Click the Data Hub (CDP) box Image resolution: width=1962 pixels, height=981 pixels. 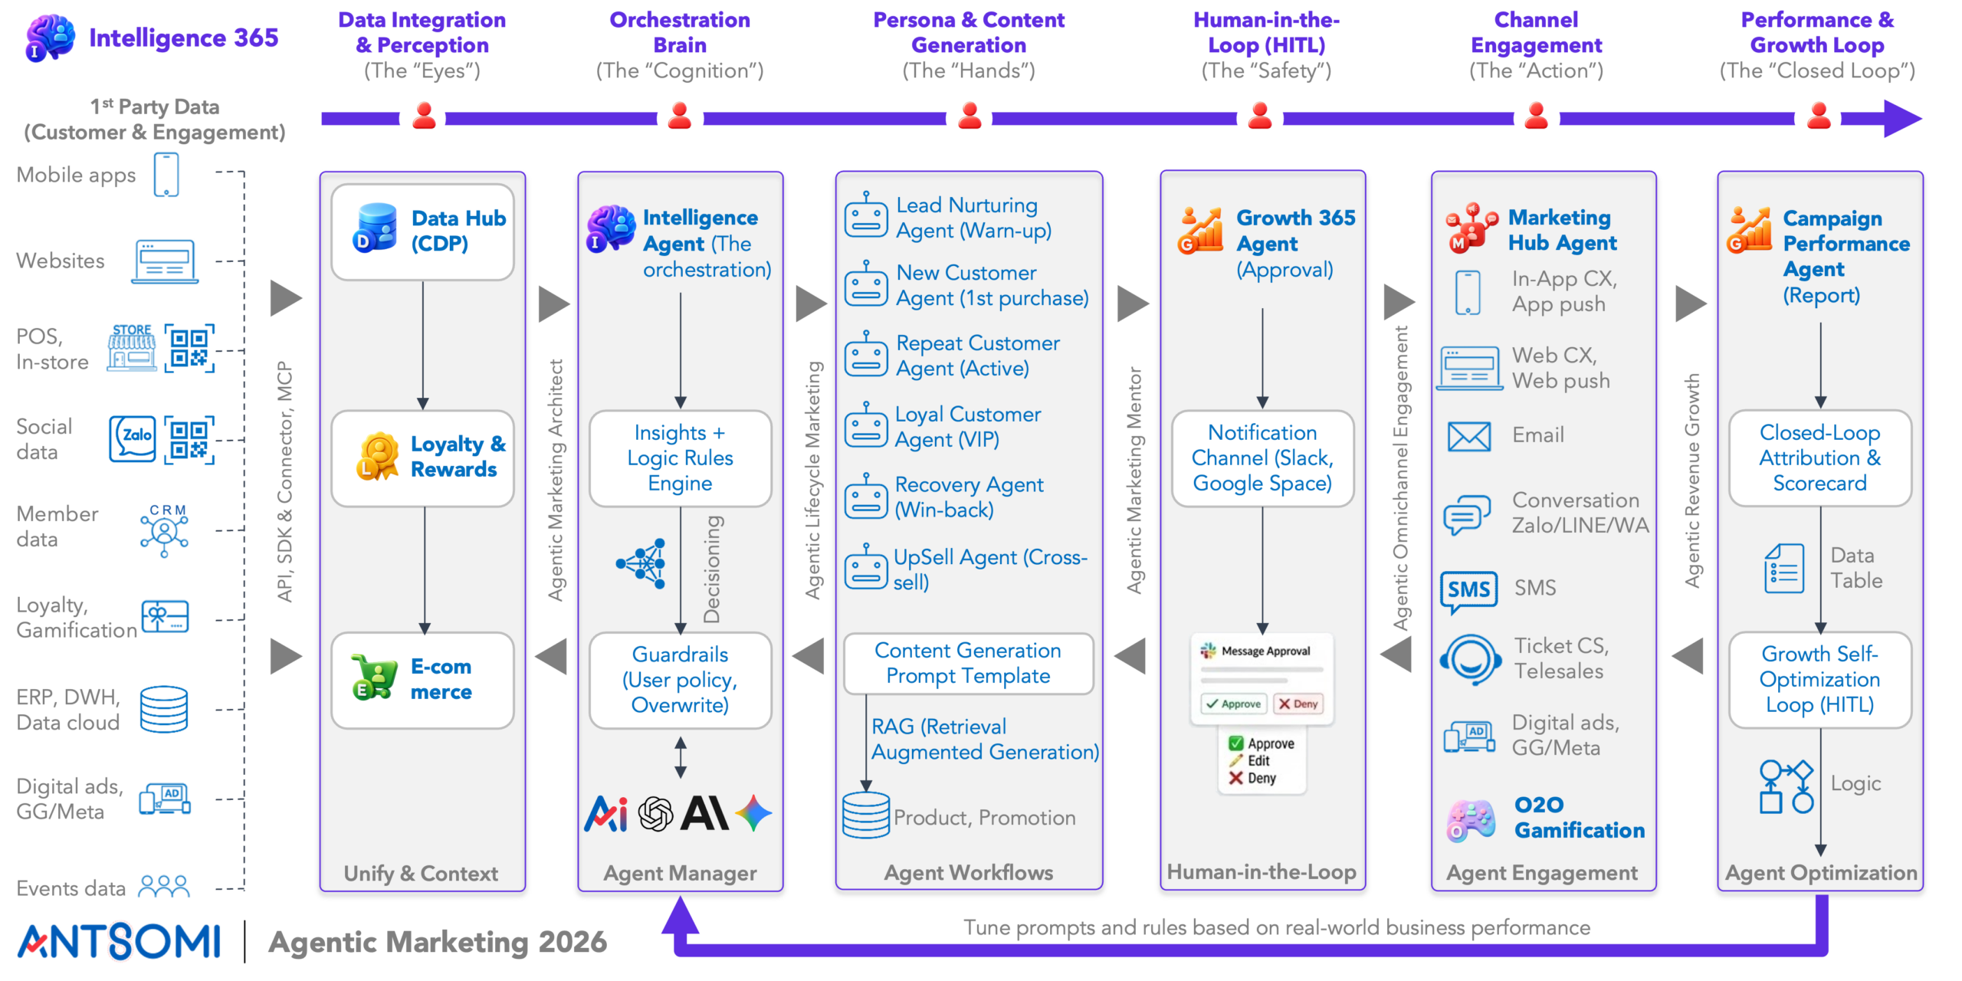coord(422,231)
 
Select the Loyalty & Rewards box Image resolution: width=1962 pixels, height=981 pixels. coord(422,458)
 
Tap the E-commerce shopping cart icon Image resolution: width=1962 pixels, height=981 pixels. coord(374,677)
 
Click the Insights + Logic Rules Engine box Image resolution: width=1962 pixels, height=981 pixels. coord(680,458)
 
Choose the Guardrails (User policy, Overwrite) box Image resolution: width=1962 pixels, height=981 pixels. coord(680,680)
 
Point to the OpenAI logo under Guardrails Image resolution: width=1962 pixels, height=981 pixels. coord(655,813)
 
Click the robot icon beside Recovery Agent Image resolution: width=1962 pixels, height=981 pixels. coord(866,496)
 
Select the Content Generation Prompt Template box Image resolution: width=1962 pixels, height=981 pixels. coord(968,663)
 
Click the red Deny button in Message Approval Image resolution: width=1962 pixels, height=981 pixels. coord(1298,704)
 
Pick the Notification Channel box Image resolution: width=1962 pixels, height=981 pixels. coord(1262,458)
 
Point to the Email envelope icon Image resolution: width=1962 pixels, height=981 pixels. coord(1469,437)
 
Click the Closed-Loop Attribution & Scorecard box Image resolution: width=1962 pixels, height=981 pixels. coord(1820,458)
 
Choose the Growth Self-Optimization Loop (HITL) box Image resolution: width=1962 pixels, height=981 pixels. coord(1820,680)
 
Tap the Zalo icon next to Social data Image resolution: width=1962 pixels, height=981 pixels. coord(133,438)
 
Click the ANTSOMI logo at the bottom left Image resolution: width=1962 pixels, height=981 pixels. coord(120,941)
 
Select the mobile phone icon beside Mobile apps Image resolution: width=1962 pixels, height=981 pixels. coord(166,175)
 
